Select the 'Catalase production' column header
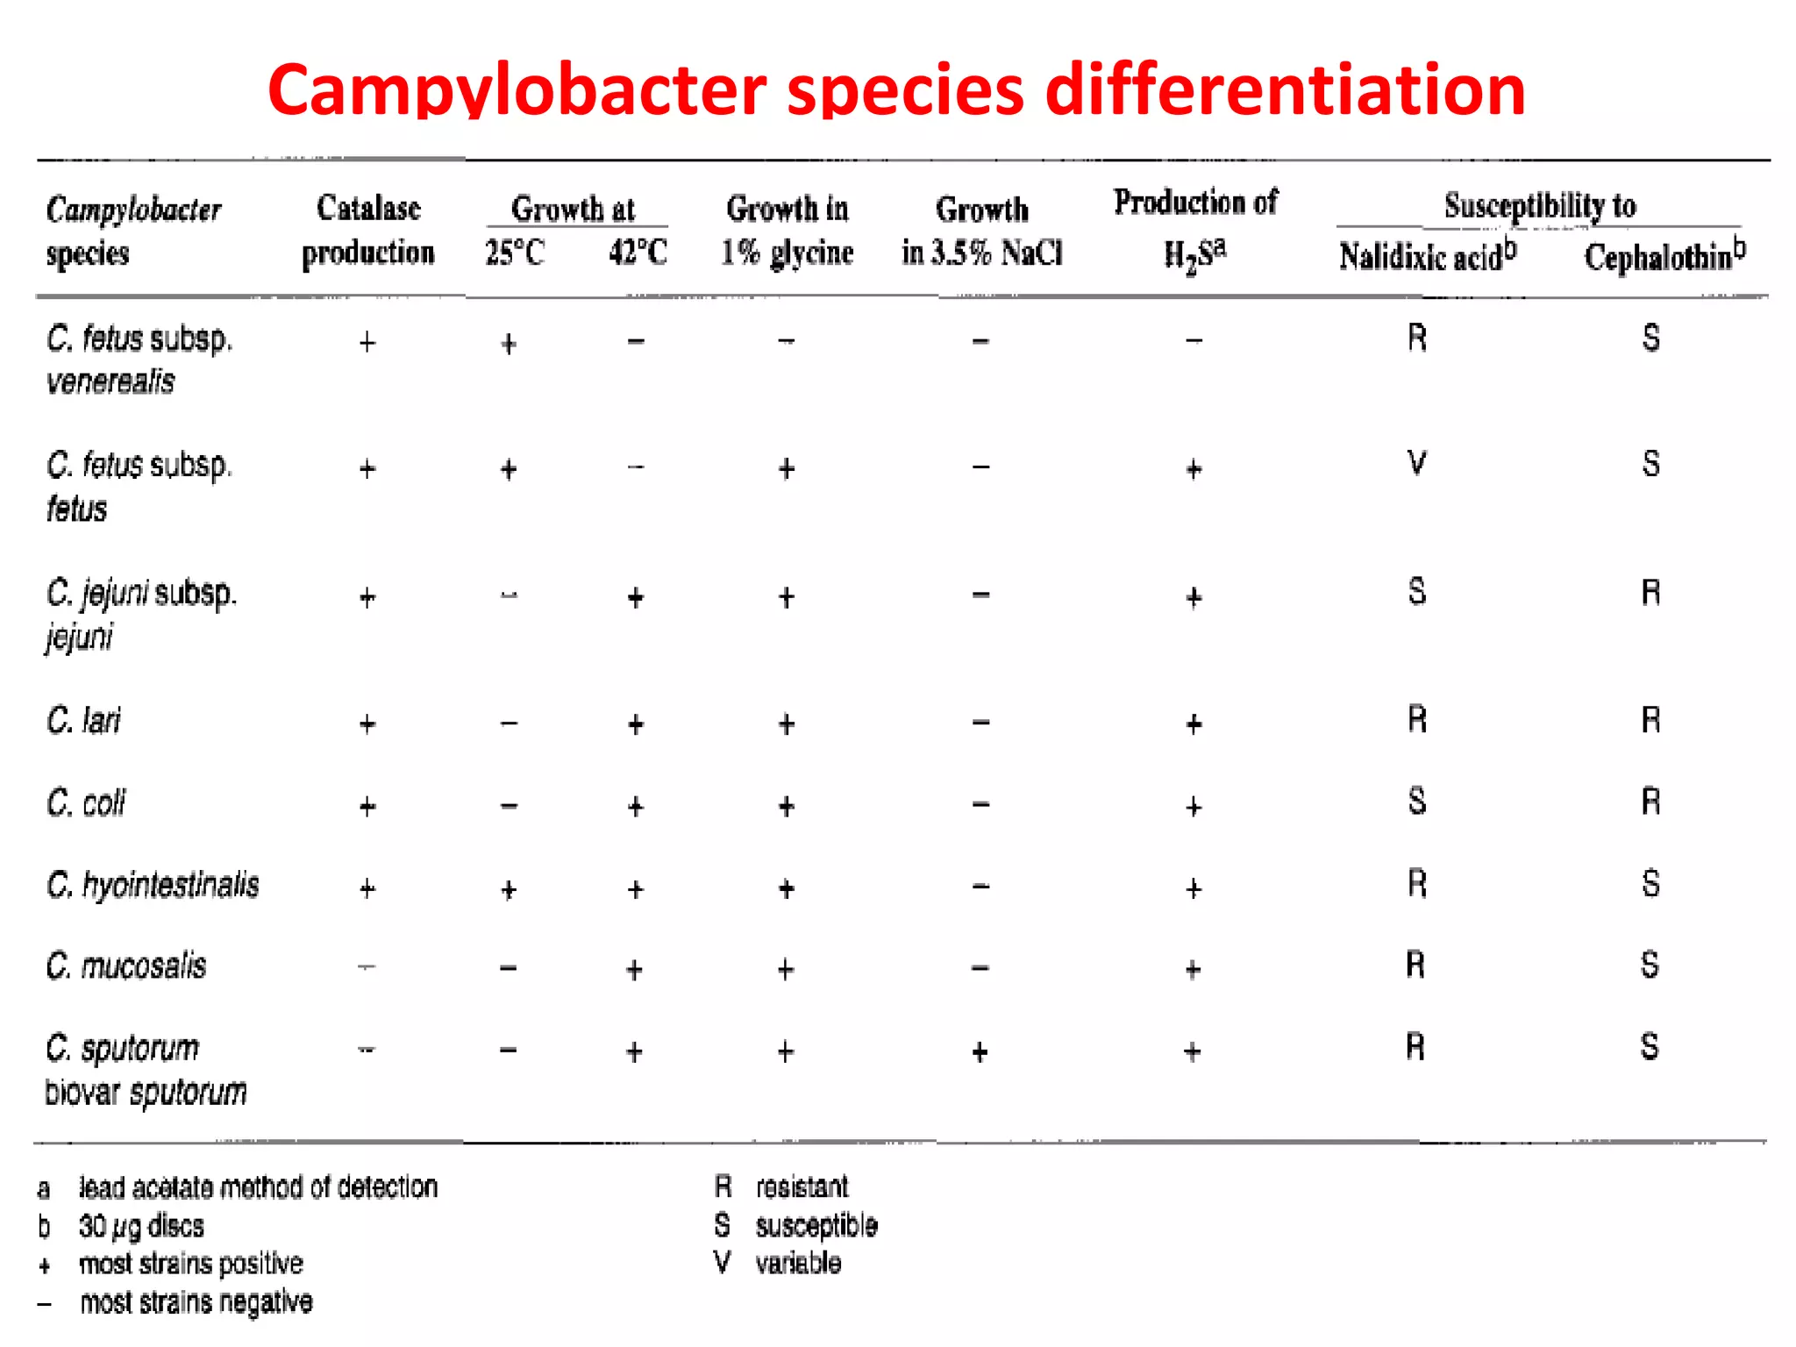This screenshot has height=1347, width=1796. (x=368, y=230)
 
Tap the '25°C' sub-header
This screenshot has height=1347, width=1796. (x=515, y=253)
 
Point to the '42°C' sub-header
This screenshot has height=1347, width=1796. (x=638, y=253)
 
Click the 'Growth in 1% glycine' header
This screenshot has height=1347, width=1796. (x=787, y=231)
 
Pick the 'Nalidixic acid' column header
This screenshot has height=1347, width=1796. (x=1427, y=256)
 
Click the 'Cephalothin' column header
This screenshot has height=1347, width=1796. (x=1664, y=256)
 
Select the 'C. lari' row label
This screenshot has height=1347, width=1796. (x=84, y=721)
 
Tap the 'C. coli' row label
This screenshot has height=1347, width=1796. (x=86, y=802)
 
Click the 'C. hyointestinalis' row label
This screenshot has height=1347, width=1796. (x=153, y=885)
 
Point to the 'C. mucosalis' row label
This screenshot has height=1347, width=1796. (x=126, y=966)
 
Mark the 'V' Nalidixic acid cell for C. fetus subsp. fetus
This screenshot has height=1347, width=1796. (x=1416, y=463)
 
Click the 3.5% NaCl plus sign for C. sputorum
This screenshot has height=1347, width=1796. (x=980, y=1051)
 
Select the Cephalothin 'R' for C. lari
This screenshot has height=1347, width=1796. (x=1650, y=721)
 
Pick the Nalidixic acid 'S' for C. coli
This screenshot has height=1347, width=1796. (x=1416, y=802)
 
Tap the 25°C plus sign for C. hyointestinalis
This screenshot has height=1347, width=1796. (x=509, y=890)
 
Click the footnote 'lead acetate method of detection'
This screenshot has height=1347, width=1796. (x=258, y=1187)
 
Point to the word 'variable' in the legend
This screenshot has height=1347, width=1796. (x=798, y=1263)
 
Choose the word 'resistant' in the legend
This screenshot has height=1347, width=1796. (x=802, y=1187)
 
